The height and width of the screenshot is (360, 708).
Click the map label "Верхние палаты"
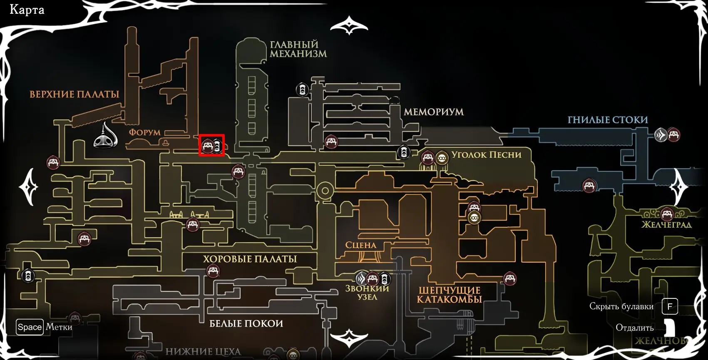74,94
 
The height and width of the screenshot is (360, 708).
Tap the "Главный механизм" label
298,49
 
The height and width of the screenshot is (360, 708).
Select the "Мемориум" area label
433,112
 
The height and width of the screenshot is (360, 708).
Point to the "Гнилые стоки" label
608,120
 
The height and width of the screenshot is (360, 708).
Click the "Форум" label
144,132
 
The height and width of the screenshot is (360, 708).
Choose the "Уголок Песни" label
486,155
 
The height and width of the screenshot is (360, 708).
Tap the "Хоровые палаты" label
250,259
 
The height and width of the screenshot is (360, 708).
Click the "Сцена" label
360,245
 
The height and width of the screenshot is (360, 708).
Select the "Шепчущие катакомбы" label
449,295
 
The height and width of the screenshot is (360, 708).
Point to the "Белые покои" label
246,323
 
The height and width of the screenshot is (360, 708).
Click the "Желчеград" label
666,225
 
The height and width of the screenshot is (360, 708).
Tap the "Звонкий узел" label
367,293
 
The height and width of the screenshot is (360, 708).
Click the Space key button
30,327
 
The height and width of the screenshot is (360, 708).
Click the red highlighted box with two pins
212,145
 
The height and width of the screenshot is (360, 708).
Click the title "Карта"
27,10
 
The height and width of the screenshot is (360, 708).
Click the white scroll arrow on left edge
29,187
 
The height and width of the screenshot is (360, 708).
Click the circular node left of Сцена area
325,191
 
